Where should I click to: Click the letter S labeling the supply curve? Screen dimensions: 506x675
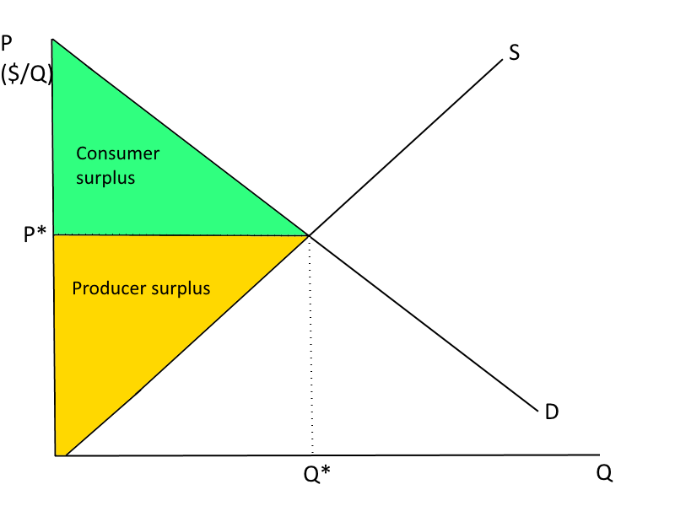click(514, 53)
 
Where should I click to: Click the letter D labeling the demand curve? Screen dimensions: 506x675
click(552, 412)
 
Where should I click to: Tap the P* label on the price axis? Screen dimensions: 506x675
click(34, 235)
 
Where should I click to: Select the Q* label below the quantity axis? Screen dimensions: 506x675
click(316, 475)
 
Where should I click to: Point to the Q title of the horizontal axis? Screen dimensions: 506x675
click(604, 473)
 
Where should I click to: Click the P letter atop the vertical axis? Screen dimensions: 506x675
click(8, 42)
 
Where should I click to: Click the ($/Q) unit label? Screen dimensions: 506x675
click(26, 74)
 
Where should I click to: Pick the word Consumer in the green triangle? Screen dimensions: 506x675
click(117, 153)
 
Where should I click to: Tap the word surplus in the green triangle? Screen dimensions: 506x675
click(105, 179)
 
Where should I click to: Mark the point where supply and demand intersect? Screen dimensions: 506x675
click(308, 235)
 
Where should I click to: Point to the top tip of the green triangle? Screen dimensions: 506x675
click(53, 40)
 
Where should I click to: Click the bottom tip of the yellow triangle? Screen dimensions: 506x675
click(59, 454)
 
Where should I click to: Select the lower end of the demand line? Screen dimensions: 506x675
click(537, 411)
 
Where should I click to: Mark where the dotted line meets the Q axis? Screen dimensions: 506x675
click(312, 455)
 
